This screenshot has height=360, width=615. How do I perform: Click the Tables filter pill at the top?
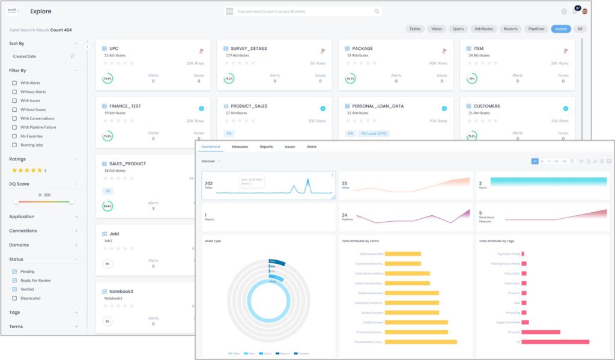[414, 29]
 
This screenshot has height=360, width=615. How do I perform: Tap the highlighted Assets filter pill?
[560, 29]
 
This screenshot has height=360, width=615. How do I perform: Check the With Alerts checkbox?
[15, 83]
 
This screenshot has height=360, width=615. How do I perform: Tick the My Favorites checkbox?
[15, 136]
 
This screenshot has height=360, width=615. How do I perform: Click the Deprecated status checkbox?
[15, 298]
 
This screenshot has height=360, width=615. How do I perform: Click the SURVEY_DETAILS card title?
[249, 49]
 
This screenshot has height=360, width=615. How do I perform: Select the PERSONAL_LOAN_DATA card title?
[378, 106]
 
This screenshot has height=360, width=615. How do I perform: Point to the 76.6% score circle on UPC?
[108, 79]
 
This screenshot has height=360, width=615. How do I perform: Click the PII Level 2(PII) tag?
[376, 133]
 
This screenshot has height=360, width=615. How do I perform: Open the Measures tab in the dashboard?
[240, 147]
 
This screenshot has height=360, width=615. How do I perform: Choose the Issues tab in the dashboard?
[289, 147]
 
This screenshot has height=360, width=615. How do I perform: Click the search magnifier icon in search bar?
[377, 11]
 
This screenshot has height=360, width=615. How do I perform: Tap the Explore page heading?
[41, 11]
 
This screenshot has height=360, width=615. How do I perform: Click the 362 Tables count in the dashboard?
[208, 184]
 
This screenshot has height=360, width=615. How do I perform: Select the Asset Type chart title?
[213, 240]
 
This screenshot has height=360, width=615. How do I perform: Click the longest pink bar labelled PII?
[555, 342]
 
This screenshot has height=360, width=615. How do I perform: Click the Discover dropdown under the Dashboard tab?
[211, 161]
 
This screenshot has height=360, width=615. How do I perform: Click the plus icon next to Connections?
[76, 231]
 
